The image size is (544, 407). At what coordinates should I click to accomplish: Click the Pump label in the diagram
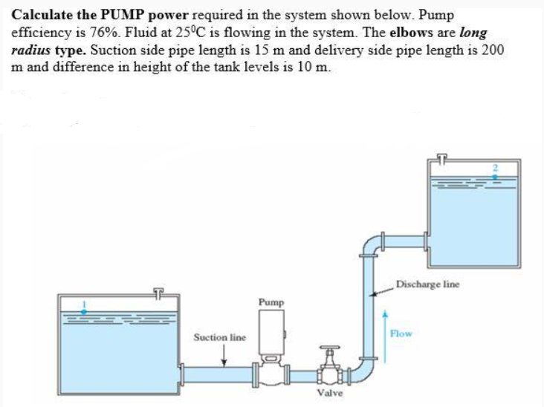271,302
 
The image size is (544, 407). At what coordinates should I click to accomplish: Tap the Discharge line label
427,284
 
